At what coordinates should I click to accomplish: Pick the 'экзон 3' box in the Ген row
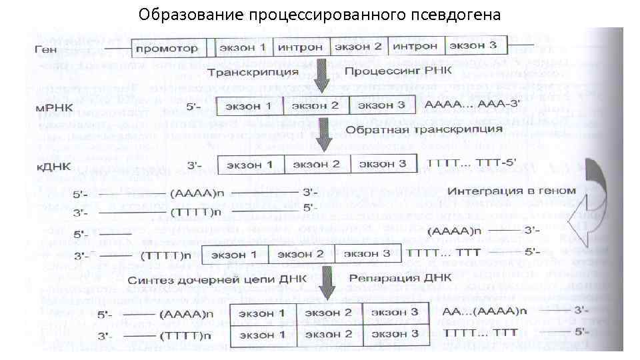click(x=473, y=47)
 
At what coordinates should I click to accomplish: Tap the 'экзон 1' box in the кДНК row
click(x=250, y=165)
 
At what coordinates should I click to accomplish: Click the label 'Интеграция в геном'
click(x=512, y=191)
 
